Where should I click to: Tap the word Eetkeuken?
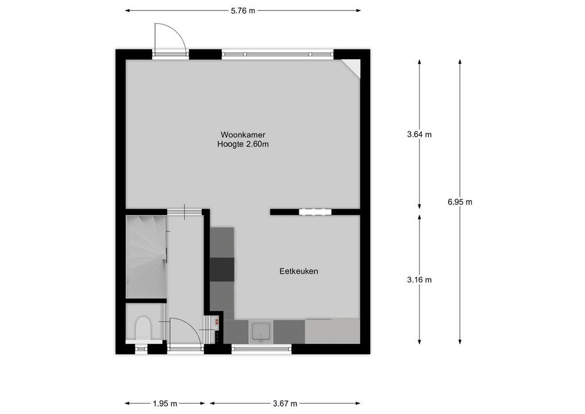pos(299,271)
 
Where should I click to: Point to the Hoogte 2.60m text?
pos(243,144)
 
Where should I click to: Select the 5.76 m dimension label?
pos(243,10)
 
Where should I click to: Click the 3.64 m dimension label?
pos(419,135)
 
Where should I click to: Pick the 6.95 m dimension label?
pos(460,202)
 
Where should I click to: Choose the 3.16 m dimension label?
pos(419,280)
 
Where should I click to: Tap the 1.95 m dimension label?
pos(165,404)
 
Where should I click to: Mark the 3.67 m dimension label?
pos(284,404)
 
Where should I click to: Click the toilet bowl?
pos(143,329)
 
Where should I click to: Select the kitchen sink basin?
pos(261,332)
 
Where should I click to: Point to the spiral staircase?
pos(146,256)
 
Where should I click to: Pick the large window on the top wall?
pos(278,55)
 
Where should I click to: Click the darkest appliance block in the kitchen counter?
pos(222,269)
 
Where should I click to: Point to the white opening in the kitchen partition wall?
pos(315,212)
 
